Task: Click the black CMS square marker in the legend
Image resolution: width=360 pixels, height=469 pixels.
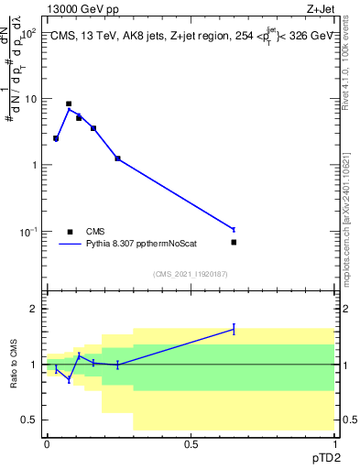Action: coord(70,232)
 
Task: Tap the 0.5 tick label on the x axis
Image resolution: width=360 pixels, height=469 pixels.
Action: coord(191,444)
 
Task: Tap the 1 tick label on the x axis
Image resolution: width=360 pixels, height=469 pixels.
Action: coord(333,444)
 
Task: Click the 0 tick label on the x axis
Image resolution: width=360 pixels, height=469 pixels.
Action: coord(47,444)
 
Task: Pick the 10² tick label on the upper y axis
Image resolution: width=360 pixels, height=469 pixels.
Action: coord(29,33)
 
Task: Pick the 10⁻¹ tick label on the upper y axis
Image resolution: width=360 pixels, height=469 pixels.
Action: coord(29,232)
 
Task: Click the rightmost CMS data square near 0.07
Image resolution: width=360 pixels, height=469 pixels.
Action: coord(234,242)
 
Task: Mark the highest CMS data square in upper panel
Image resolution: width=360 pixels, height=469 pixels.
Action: coord(69,104)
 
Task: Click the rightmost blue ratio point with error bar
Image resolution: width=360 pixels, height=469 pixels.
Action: coord(234,329)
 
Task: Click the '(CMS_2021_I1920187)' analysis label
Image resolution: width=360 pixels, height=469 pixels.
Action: coord(191,273)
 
